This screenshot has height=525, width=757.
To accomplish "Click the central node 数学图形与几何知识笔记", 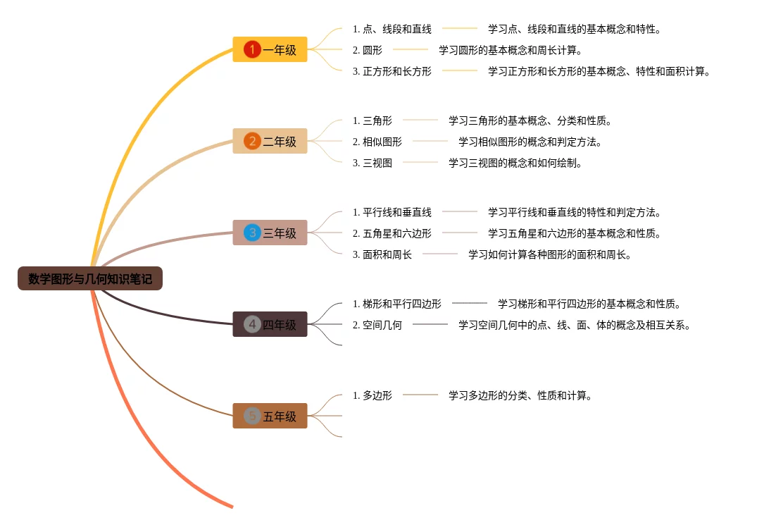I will [90, 279].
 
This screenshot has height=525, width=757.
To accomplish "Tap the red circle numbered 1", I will [252, 49].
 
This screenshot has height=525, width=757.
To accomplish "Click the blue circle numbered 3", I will [252, 233].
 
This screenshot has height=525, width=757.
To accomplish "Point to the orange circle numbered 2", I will [252, 141].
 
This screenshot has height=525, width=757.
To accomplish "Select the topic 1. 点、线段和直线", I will [392, 29].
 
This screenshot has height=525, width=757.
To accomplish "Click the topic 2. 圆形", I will [368, 50].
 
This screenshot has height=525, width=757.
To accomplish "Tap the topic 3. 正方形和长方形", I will [392, 71].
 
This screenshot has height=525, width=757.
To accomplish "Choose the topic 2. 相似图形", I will [377, 142].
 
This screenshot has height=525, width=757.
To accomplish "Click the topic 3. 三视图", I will [373, 163].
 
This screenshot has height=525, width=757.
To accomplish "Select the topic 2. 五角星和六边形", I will [392, 233].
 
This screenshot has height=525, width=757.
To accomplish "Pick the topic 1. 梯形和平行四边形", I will [397, 304].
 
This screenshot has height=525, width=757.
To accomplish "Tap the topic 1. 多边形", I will [373, 395].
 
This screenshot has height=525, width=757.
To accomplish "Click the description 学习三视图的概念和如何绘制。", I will [515, 163].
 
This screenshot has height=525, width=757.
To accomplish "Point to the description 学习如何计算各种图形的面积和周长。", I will [550, 254].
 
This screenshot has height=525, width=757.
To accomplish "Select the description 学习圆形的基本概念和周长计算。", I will [511, 50].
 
